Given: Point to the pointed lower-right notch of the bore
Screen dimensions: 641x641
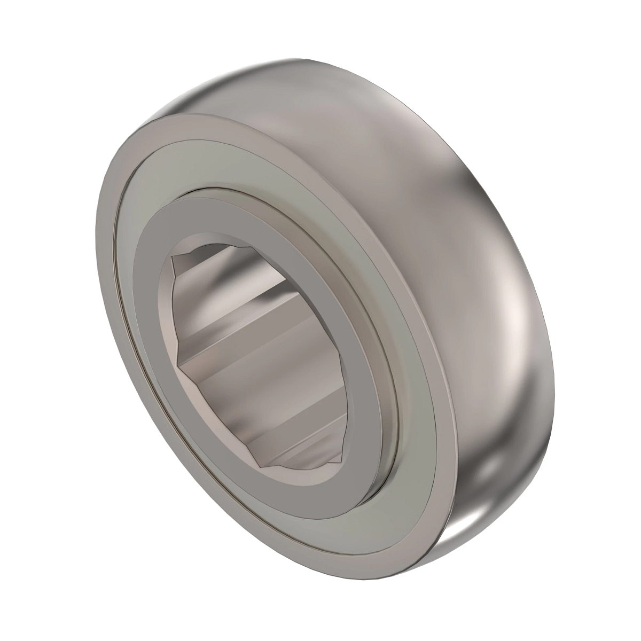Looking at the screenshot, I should [x=342, y=460].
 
